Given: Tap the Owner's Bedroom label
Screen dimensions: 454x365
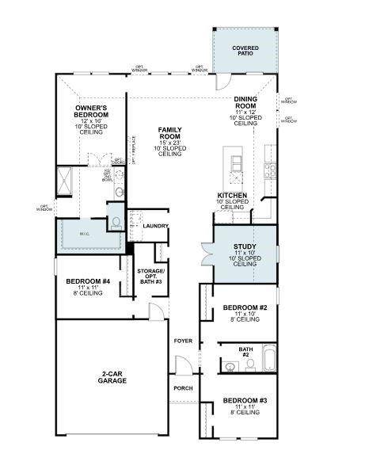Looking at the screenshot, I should click(92, 111).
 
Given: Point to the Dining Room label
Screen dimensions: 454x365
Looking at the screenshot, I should click(245, 102).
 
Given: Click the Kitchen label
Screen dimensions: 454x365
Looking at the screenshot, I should click(231, 195).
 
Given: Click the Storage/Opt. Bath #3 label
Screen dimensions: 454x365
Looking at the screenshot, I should click(150, 277).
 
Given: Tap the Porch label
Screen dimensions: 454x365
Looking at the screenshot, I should click(183, 388).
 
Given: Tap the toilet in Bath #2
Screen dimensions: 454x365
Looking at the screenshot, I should click(249, 364).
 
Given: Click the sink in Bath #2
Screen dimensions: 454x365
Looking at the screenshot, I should click(230, 366).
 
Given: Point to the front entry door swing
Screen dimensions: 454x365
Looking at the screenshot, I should click(183, 366).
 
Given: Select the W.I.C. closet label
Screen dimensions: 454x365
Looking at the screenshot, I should click(85, 234).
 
